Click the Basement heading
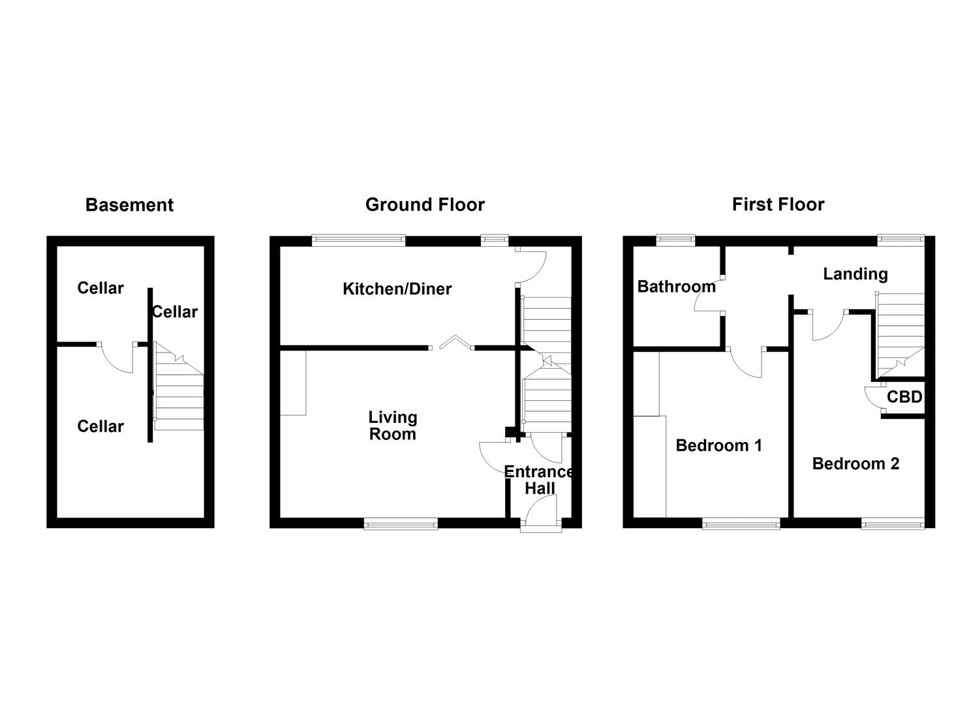click(129, 205)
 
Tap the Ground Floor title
click(425, 205)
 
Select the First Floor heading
click(778, 205)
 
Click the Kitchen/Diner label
click(397, 289)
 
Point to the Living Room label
click(392, 426)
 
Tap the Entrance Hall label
click(540, 480)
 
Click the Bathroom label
click(676, 287)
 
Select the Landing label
click(855, 274)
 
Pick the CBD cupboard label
click(904, 397)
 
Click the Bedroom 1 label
click(718, 446)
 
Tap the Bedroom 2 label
click(855, 464)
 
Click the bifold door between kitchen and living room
click(455, 341)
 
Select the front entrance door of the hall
click(541, 511)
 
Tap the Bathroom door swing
click(707, 301)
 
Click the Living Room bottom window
click(401, 523)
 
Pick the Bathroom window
click(675, 240)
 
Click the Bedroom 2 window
click(892, 523)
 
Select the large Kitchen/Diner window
click(358, 240)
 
